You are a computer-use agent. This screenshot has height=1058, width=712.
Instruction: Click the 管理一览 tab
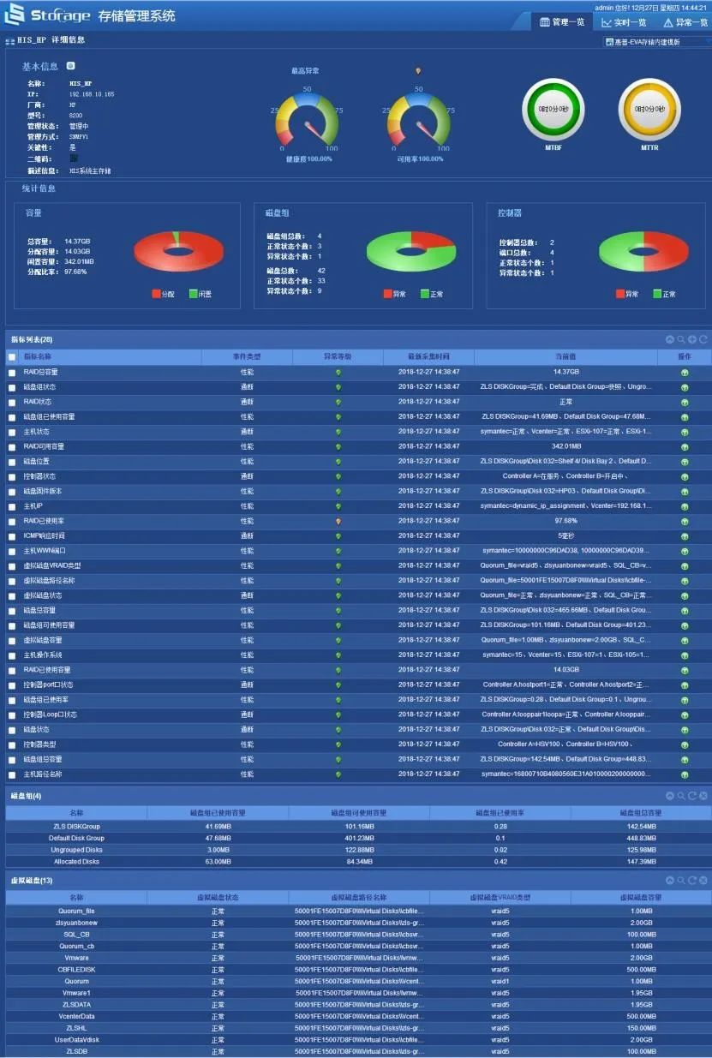(561, 22)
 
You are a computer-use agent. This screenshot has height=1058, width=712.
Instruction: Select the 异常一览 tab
(685, 22)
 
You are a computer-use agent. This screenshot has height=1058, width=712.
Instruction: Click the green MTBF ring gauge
(553, 110)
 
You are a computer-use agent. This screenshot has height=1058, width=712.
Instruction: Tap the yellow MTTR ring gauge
(649, 110)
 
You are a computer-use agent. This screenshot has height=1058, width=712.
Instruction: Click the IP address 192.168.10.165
(92, 94)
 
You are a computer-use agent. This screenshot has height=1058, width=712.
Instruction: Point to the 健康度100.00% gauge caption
(308, 158)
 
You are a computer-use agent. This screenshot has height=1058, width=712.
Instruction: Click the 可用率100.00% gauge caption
(420, 158)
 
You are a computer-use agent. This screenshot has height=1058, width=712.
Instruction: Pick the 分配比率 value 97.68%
(75, 272)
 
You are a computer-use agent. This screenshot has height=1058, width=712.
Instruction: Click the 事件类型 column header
(247, 356)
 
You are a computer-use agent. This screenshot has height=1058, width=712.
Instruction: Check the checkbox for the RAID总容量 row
(12, 373)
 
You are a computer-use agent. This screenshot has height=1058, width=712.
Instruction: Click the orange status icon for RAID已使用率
(338, 521)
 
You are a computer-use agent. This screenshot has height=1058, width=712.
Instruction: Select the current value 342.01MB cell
(565, 446)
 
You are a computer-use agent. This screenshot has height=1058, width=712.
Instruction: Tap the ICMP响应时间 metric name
(44, 535)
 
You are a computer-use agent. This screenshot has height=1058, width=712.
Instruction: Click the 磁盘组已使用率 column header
(500, 812)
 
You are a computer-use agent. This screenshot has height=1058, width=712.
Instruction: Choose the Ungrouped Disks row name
(76, 850)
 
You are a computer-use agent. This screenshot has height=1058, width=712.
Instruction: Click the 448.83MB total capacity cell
(641, 838)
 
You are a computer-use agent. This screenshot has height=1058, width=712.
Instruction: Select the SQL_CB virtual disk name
(76, 935)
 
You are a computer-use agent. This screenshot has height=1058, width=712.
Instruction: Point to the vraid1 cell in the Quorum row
(500, 981)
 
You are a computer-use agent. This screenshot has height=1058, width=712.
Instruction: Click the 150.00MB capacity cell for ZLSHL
(641, 1028)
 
